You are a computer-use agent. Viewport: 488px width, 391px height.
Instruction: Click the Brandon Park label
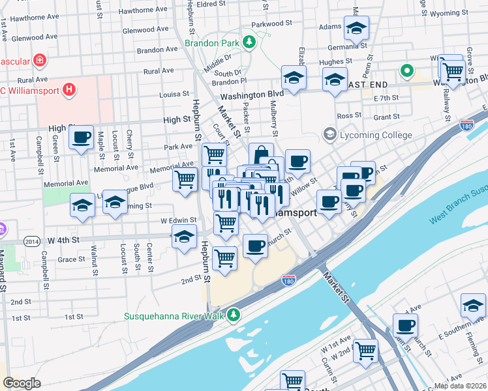click(x=212, y=43)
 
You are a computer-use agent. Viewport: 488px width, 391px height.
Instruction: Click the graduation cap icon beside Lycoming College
click(x=329, y=135)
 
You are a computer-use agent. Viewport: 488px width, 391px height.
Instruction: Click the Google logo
click(x=22, y=383)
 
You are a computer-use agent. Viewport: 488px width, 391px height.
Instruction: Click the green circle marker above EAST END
click(x=408, y=71)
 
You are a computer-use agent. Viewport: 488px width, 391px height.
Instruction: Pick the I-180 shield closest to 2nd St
click(x=289, y=280)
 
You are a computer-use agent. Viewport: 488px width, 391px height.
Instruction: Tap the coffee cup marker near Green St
click(x=81, y=138)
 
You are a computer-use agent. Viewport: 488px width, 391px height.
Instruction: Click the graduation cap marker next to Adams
click(x=356, y=29)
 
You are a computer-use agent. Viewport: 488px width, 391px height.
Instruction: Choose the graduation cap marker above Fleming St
click(x=473, y=304)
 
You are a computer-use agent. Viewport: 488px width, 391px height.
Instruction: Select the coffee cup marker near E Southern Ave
click(x=405, y=325)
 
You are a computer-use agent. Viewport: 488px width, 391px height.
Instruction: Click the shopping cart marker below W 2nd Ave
click(x=365, y=350)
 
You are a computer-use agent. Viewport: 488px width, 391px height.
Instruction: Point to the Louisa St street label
click(x=174, y=94)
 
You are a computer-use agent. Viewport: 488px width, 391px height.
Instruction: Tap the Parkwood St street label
click(x=271, y=24)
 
